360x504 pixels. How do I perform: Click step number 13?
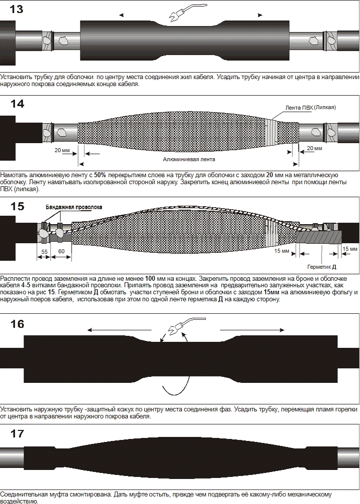pyautogui.click(x=16, y=9)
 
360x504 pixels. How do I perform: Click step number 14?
pyautogui.click(x=17, y=104)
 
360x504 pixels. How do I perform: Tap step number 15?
pyautogui.click(x=17, y=206)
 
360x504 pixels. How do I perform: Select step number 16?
pyautogui.click(x=17, y=324)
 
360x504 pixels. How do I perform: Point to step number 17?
pyautogui.click(x=17, y=433)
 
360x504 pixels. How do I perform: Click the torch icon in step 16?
pyautogui.click(x=187, y=325)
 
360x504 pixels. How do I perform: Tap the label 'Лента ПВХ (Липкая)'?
pyautogui.click(x=310, y=108)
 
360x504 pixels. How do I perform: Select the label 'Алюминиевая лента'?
pyautogui.click(x=189, y=159)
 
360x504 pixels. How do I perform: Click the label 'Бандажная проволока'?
pyautogui.click(x=74, y=207)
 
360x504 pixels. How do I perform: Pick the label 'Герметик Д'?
pyautogui.click(x=321, y=267)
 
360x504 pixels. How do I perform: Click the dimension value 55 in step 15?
pyautogui.click(x=44, y=252)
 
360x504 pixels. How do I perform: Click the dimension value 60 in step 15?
pyautogui.click(x=61, y=251)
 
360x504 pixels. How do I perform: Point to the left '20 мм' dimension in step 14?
pyautogui.click(x=62, y=150)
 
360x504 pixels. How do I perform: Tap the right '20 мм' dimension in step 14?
pyautogui.click(x=314, y=148)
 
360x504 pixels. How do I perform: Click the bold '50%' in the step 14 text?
pyautogui.click(x=100, y=175)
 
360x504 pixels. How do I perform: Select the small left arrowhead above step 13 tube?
pyautogui.click(x=121, y=15)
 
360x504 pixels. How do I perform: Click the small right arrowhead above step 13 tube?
pyautogui.click(x=260, y=15)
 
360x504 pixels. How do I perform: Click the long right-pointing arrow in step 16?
pyautogui.click(x=252, y=330)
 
